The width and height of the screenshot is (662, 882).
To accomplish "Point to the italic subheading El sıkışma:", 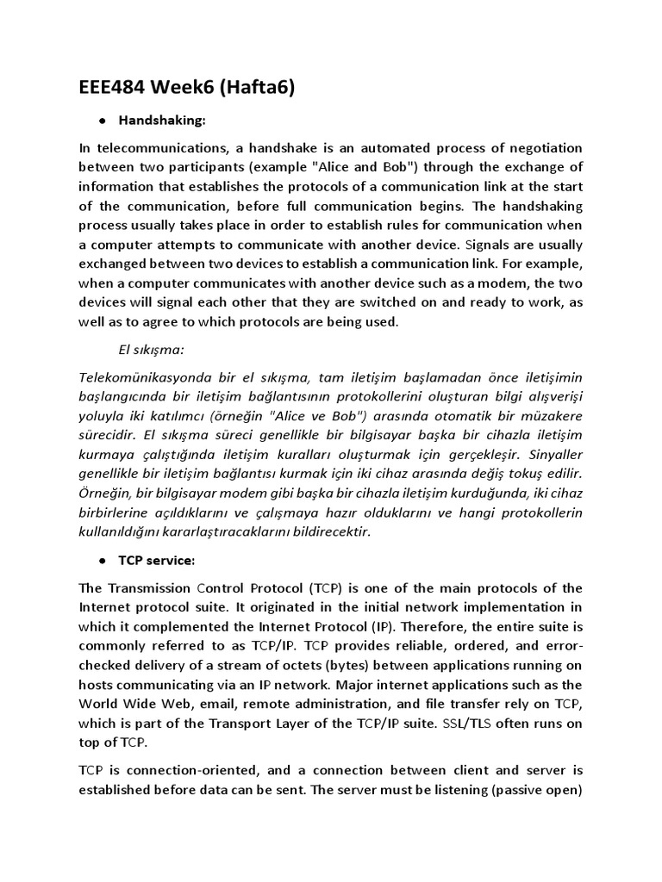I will (152, 350).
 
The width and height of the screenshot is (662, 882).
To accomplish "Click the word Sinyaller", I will (553, 455).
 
